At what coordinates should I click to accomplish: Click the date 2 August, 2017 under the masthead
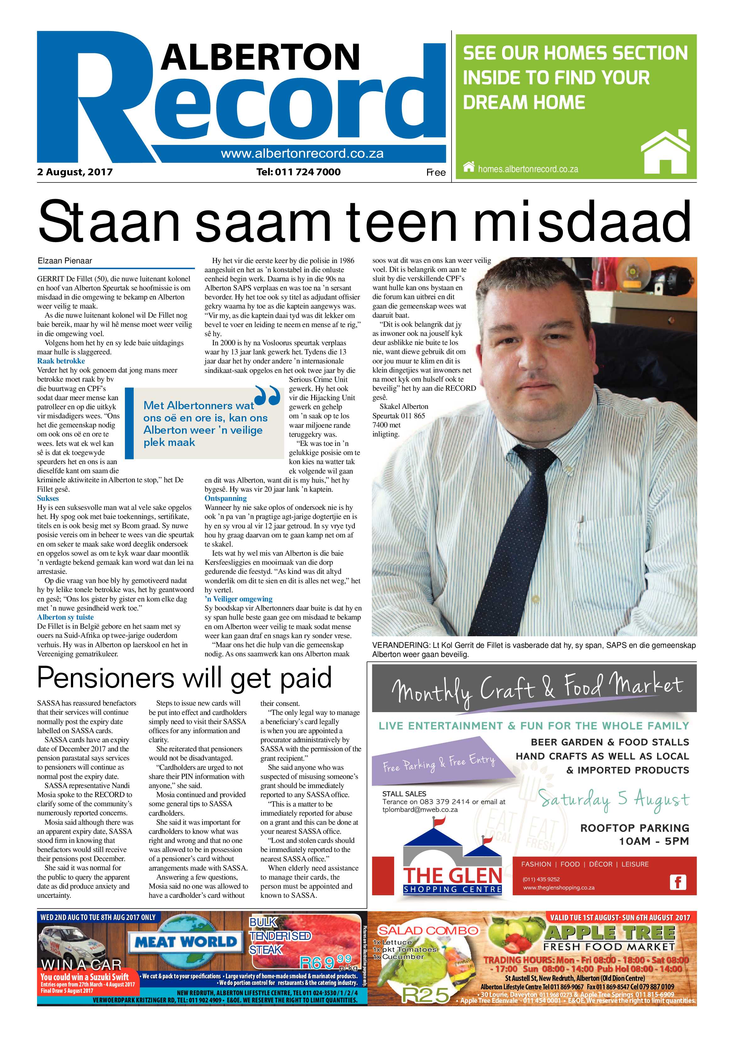[75, 172]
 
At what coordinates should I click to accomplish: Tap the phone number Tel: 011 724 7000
[298, 172]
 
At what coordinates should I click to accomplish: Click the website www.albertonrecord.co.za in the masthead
[302, 154]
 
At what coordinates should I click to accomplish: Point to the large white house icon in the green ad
[665, 151]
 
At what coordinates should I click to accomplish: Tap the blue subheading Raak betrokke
[61, 361]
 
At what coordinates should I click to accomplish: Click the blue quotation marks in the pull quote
[268, 395]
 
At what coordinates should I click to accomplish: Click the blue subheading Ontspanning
[226, 498]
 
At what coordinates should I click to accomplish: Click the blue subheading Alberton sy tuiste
[66, 617]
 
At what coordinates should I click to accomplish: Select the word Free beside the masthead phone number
[436, 172]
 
